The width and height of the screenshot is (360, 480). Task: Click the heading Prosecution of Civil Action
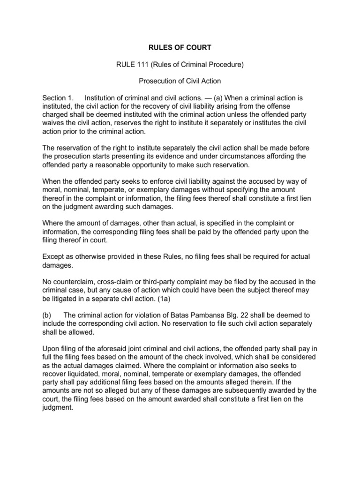(180, 81)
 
